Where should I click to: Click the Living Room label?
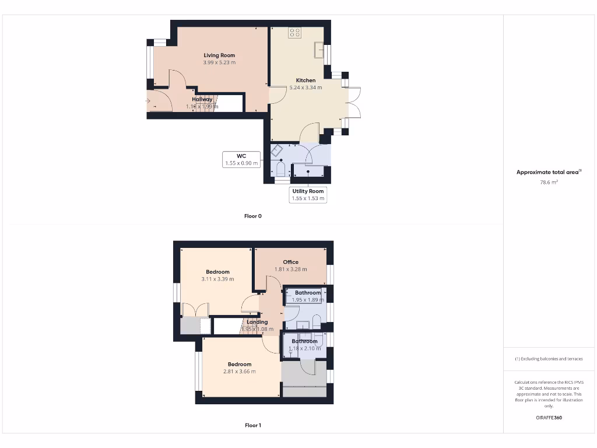pos(219,55)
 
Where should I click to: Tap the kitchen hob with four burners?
pos(294,33)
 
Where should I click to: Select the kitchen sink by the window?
pos(319,51)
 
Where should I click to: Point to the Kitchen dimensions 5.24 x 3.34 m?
pos(305,87)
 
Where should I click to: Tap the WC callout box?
pos(241,160)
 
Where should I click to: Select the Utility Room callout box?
pos(308,195)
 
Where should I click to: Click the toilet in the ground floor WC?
pos(280,170)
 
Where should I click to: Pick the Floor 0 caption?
pos(252,216)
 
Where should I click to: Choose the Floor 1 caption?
pos(252,425)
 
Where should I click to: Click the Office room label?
pos(290,262)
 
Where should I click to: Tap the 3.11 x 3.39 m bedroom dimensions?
pos(217,279)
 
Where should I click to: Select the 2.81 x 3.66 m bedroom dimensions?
pos(239,372)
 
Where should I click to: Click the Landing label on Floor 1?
pos(257,322)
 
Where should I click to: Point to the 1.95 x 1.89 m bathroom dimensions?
pos(307,300)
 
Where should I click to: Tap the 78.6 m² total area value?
pos(549,182)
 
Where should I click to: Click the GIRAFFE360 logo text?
pos(549,418)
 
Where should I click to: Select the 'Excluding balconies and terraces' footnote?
pos(549,359)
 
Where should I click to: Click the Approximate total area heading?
pos(549,172)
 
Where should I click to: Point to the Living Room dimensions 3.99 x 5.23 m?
pos(219,62)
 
